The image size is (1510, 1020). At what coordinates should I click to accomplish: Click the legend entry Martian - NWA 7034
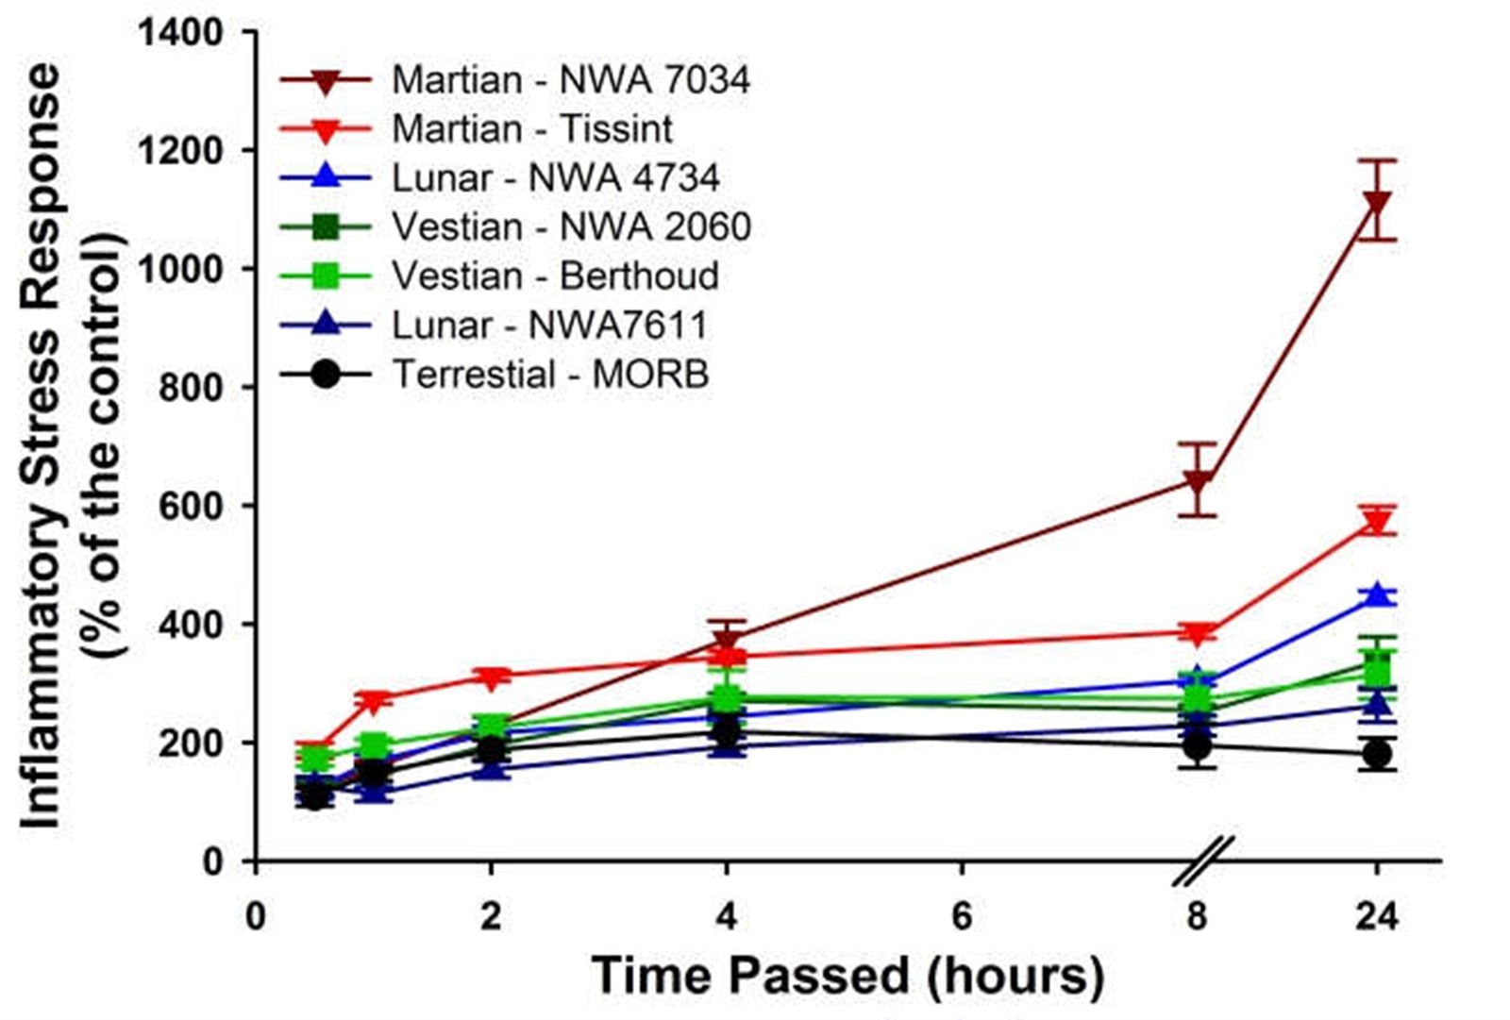[571, 79]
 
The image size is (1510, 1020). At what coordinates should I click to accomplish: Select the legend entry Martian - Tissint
[532, 129]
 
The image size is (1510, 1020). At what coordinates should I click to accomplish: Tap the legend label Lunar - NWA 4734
[556, 178]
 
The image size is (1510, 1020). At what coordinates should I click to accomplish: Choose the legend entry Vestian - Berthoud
[555, 276]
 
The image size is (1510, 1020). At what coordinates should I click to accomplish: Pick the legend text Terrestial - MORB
[550, 375]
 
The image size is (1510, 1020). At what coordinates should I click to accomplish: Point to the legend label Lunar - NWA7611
[549, 326]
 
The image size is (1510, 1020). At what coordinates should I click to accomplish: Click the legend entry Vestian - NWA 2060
[571, 227]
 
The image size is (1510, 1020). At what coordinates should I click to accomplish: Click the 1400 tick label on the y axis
[180, 33]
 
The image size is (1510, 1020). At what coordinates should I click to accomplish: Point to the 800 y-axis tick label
[192, 388]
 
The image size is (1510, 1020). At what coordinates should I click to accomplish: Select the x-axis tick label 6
[962, 916]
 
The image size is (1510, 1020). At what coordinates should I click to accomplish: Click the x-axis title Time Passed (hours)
[847, 975]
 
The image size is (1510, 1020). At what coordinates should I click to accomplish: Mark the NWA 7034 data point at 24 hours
[1377, 204]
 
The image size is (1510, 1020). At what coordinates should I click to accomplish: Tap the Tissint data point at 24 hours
[1377, 523]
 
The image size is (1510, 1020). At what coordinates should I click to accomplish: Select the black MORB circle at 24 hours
[1377, 755]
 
